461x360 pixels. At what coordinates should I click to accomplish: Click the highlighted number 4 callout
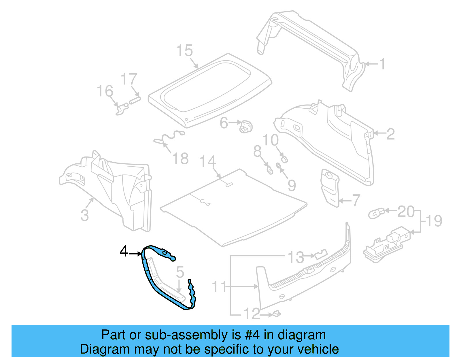(x=124, y=251)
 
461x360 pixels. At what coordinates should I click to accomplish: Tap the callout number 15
(x=184, y=51)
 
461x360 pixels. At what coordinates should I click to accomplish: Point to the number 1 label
(x=382, y=64)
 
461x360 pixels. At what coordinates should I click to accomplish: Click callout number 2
(x=390, y=134)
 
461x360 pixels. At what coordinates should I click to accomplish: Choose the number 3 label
(x=84, y=215)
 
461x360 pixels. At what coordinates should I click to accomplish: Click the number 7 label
(x=356, y=200)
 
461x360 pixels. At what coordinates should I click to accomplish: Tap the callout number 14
(x=208, y=162)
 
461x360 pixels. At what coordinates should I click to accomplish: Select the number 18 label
(x=180, y=159)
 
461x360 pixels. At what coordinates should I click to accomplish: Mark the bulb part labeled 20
(x=376, y=214)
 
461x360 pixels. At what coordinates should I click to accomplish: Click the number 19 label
(x=434, y=221)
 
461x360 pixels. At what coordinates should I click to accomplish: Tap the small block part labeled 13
(x=320, y=254)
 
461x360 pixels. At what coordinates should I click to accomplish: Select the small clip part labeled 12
(x=276, y=314)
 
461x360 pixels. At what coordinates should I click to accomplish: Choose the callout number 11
(x=220, y=287)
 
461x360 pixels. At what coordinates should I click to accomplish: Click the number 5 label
(x=180, y=272)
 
